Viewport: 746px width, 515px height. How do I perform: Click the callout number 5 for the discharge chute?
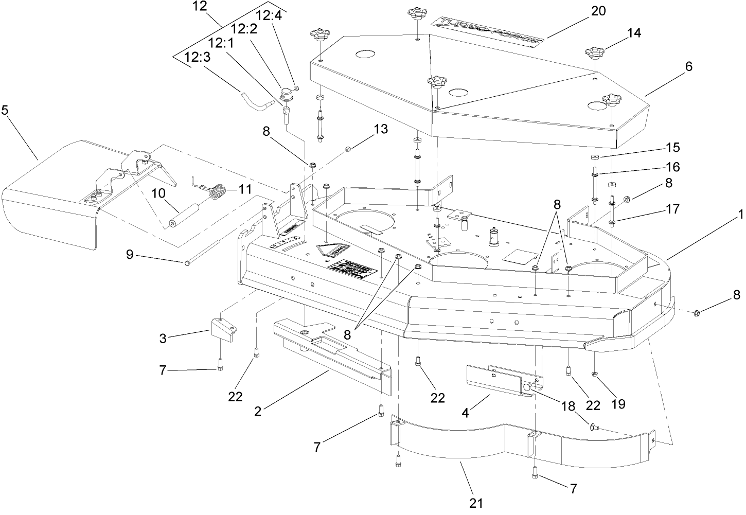click(6, 111)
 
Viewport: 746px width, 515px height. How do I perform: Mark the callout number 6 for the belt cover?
click(688, 66)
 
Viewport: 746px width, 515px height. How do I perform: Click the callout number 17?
click(672, 209)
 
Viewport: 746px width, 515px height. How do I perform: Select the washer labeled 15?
click(595, 157)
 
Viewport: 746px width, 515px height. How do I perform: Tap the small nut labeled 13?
click(348, 149)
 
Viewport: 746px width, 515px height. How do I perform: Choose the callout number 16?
click(672, 167)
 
